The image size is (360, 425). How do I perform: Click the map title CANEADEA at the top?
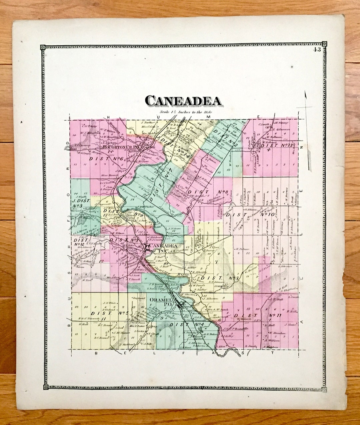pyautogui.click(x=183, y=101)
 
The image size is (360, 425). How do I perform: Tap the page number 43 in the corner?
pyautogui.click(x=317, y=50)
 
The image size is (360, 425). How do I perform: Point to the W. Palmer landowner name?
pyautogui.click(x=242, y=249)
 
